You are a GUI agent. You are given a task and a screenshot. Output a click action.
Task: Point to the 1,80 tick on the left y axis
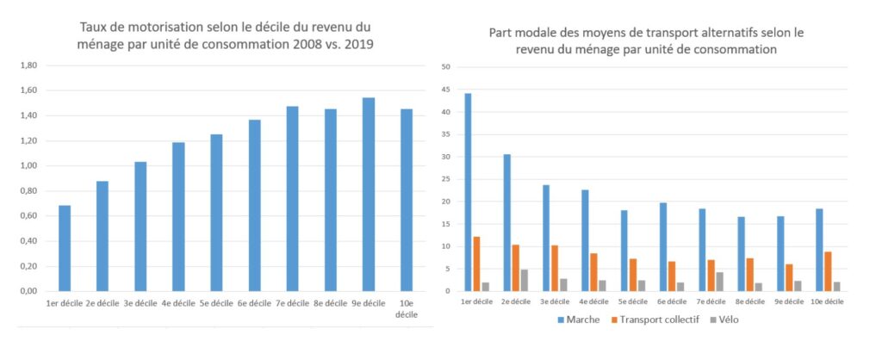point(28,65)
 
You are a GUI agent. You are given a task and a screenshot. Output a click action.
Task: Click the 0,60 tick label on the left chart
point(28,216)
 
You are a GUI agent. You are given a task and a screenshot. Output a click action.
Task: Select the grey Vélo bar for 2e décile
point(524,280)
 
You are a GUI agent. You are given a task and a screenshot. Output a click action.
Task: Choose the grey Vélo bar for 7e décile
point(719,282)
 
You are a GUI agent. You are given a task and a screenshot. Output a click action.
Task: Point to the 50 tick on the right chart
point(445,67)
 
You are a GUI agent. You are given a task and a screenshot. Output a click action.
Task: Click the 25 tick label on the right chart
point(445,179)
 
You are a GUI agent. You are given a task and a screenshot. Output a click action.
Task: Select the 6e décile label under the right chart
point(671,301)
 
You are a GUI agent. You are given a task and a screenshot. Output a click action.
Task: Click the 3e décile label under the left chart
point(141,305)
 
